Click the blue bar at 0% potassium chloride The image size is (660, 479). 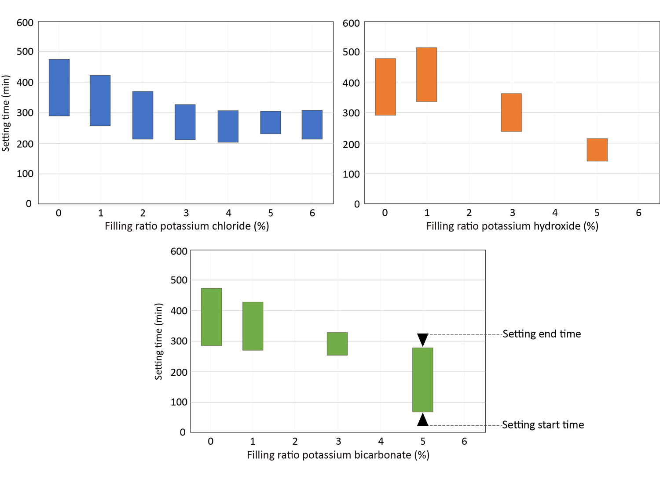coord(59,87)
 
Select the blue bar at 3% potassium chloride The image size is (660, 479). coord(185,122)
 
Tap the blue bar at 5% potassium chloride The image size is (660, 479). coord(271,123)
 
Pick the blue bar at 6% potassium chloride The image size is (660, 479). coord(312,125)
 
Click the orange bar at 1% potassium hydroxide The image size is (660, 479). coord(426,75)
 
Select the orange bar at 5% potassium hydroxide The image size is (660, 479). coord(597,150)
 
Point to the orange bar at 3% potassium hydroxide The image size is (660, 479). coord(511,112)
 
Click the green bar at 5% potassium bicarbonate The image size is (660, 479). coord(422,380)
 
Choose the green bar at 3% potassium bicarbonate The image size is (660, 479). coord(337,344)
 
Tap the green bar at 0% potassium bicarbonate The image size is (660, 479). coord(211,317)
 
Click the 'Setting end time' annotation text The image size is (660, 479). coord(542,334)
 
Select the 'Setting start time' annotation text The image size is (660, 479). coord(543,425)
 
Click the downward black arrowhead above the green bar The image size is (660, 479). coord(422,339)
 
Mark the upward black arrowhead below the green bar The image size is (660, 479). coord(422,420)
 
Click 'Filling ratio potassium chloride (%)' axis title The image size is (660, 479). coord(187,226)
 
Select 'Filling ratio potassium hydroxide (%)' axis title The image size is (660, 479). coord(512,226)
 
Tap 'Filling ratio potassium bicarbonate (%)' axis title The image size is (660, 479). coord(338,455)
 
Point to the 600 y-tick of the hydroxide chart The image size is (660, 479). coord(351,23)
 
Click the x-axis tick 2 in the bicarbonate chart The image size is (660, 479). coord(295,441)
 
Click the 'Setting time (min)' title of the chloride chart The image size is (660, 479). coord(6,113)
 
